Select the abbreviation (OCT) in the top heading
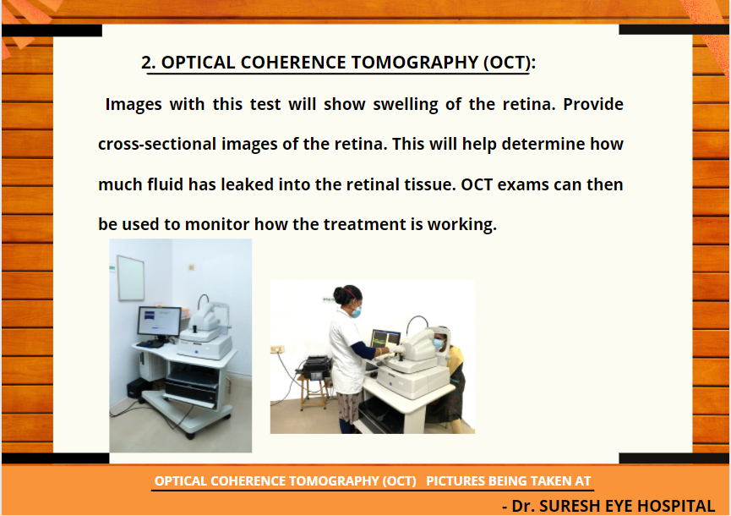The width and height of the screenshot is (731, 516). [507, 63]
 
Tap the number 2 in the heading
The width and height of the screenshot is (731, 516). [146, 63]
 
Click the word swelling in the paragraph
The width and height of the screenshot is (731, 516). [405, 105]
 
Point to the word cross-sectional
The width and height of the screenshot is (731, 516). [156, 144]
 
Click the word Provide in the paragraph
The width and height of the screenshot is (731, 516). [593, 103]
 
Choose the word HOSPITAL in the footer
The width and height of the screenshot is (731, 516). [676, 506]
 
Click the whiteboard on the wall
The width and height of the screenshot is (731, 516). [130, 277]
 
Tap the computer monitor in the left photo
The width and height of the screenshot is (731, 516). [159, 321]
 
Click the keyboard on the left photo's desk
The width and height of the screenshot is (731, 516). [150, 343]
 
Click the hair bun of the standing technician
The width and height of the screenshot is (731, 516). [339, 295]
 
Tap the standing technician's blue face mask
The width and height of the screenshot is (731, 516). [356, 311]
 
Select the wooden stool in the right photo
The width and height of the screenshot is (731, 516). [314, 391]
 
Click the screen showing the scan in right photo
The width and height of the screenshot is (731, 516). [385, 338]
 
